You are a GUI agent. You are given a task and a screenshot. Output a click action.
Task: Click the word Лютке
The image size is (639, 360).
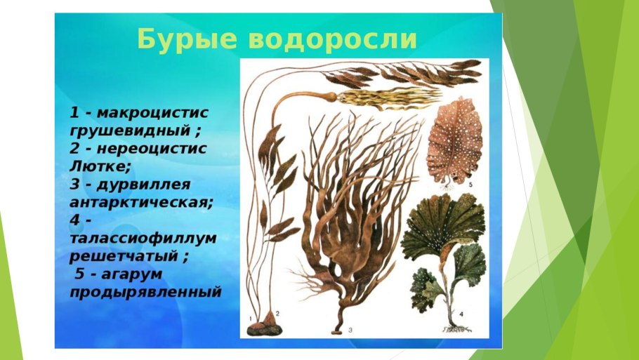tap(101, 166)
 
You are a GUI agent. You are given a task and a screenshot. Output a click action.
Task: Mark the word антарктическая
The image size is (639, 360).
tap(140, 201)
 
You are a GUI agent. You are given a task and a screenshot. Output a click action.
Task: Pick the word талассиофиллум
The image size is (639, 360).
tap(143, 238)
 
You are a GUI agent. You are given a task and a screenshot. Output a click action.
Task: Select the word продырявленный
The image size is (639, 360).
tap(145, 291)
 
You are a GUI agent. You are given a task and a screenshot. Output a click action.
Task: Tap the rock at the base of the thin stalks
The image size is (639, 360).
tap(268, 325)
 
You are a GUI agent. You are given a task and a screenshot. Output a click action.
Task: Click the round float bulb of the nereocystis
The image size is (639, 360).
tap(329, 95)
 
